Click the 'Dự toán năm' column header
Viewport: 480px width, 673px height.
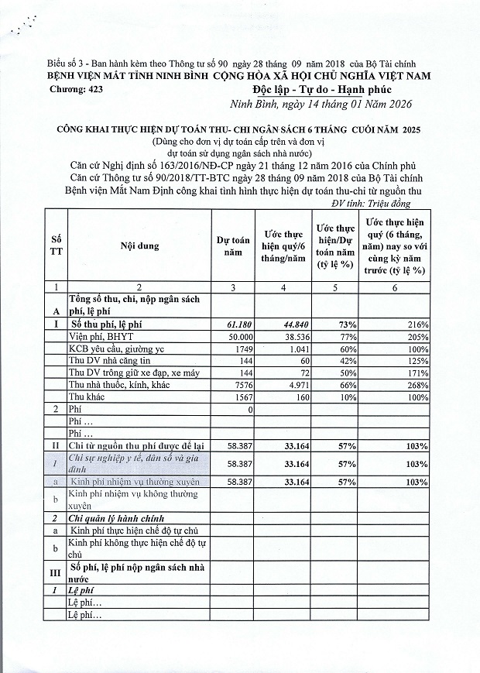[233, 246]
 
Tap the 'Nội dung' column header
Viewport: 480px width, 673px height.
[139, 246]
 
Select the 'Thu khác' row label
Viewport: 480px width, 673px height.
[87, 397]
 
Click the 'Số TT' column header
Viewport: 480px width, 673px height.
[57, 246]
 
